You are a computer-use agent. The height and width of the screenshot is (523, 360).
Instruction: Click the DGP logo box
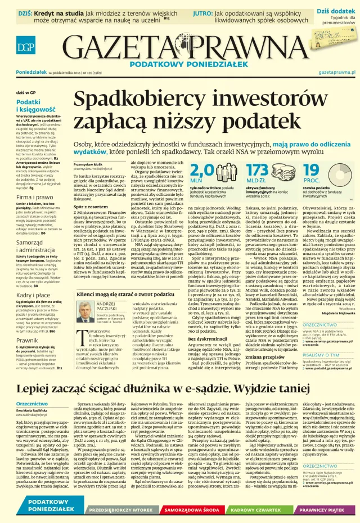click(10, 48)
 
